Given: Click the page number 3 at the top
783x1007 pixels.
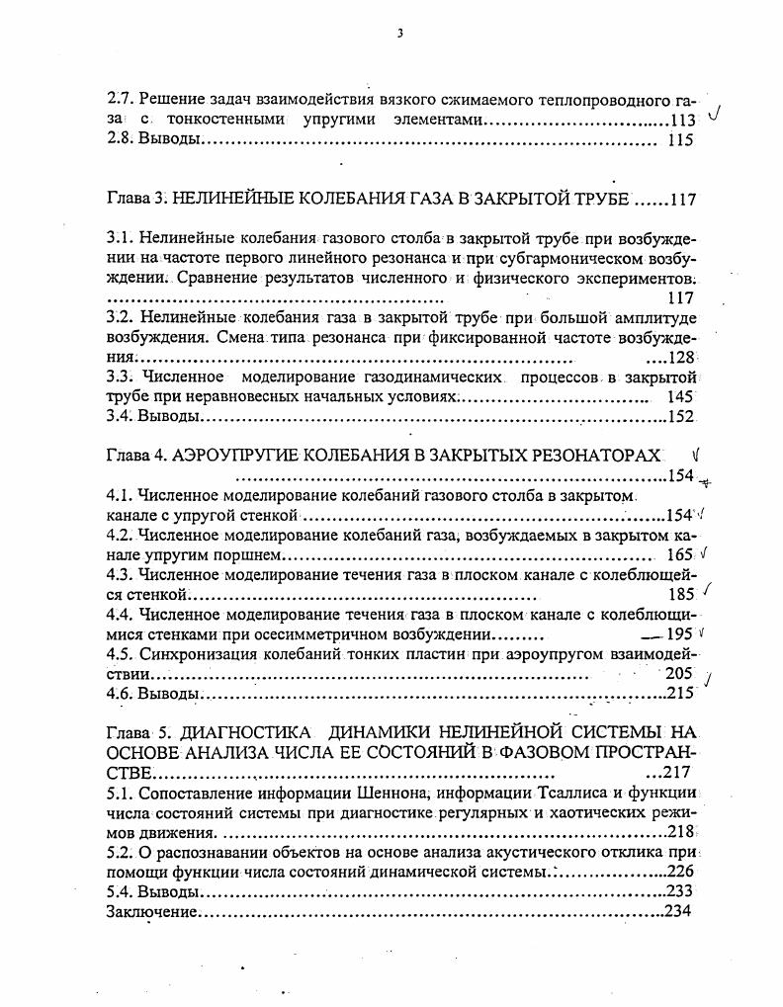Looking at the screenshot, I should pos(399,33).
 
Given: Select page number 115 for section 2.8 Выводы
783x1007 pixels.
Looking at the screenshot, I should pos(681,140).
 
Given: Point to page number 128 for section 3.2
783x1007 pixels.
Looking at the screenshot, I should pos(683,357).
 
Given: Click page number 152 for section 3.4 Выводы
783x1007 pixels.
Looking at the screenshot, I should pos(683,416).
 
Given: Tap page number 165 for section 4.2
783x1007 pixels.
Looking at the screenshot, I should pos(680,555).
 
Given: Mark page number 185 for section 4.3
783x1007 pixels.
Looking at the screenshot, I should pos(681,595).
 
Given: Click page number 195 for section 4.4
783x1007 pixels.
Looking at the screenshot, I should pos(681,634).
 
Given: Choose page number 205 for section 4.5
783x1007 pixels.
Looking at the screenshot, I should pos(679,673).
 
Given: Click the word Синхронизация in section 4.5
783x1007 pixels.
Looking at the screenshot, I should pos(194,654).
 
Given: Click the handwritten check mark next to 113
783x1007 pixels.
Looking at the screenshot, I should pos(714,115).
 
